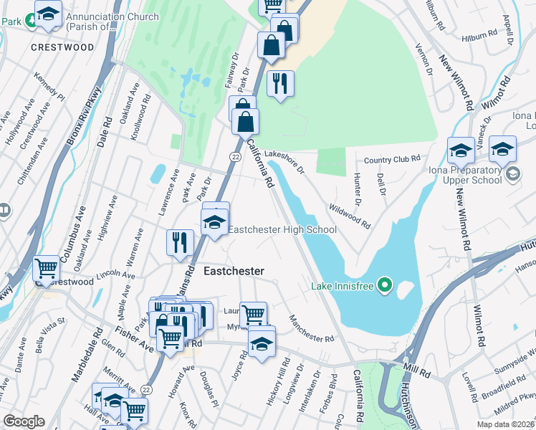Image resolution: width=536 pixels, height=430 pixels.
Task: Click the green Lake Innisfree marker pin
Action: (x=385, y=286)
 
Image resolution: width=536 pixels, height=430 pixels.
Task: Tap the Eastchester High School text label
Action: (x=282, y=229)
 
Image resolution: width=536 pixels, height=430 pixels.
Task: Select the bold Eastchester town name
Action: (x=234, y=272)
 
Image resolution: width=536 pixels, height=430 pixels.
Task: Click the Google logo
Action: (x=23, y=421)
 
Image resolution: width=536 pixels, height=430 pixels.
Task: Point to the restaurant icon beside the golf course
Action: (x=280, y=83)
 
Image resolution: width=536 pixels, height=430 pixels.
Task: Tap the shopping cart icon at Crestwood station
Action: (x=47, y=269)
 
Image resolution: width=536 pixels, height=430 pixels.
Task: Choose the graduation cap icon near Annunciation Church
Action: (x=48, y=14)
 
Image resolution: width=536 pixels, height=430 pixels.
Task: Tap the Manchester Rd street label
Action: (x=312, y=328)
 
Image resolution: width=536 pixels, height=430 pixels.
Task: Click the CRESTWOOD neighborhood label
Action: (x=62, y=47)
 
